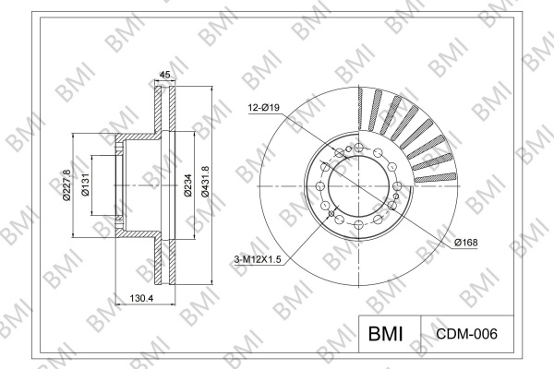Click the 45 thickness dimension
click(x=165, y=75)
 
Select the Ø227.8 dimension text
click(x=66, y=185)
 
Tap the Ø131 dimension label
click(x=86, y=185)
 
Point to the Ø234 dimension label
click(x=187, y=185)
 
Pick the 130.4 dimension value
click(x=141, y=298)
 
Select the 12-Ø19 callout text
click(x=263, y=108)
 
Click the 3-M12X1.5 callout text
click(x=258, y=260)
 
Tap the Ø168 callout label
click(x=466, y=243)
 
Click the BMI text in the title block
click(x=385, y=334)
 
